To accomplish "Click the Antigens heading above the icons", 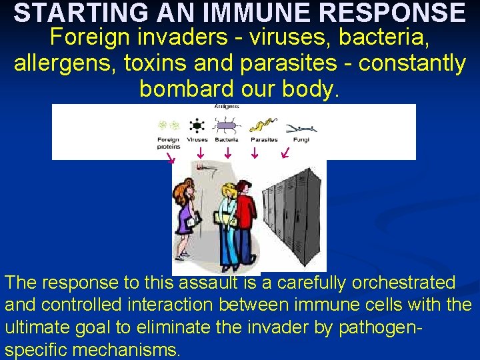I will click(x=227, y=107).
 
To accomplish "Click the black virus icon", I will click(x=197, y=125).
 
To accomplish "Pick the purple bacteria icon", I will click(x=227, y=125).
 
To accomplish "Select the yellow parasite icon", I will click(x=263, y=125).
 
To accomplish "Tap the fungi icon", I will click(x=300, y=128).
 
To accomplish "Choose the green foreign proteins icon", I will click(x=168, y=125).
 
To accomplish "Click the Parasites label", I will click(x=264, y=140).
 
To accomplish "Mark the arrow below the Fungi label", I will click(x=285, y=155).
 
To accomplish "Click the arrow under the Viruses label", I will click(x=200, y=155).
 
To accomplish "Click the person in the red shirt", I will click(x=245, y=220).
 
